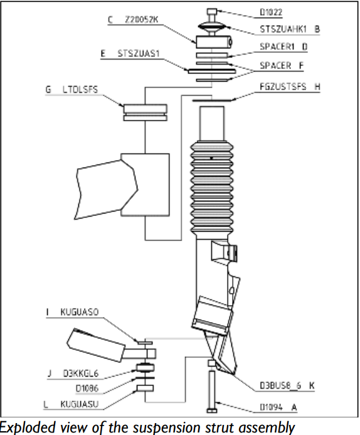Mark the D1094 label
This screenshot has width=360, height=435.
click(x=271, y=407)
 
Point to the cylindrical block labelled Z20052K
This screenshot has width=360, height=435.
click(x=214, y=43)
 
